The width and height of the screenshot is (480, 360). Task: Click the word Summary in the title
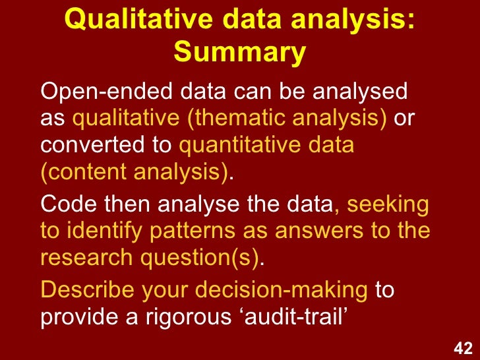click(240, 52)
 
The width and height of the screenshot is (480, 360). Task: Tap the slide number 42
click(463, 347)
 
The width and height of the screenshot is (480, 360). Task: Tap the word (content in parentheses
click(82, 172)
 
